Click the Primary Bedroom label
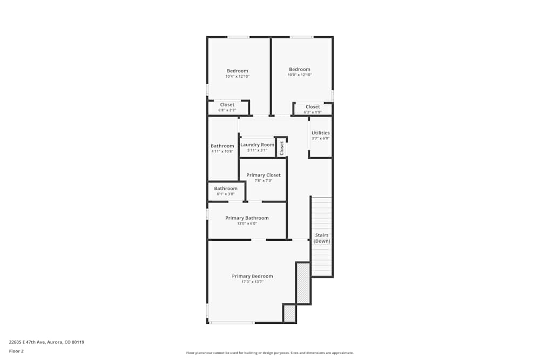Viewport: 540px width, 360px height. (252, 276)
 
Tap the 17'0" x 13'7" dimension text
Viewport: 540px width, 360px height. (252, 282)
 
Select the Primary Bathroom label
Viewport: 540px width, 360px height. (247, 218)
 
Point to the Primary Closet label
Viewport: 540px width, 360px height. (264, 175)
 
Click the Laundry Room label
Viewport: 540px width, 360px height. (257, 145)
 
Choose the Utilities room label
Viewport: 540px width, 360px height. (320, 133)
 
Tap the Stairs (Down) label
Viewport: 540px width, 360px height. (322, 238)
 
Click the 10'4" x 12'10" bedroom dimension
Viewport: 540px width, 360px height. (238, 77)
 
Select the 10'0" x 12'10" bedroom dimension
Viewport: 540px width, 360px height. (300, 74)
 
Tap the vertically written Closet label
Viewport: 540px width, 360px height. (281, 148)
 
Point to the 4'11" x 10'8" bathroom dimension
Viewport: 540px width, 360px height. (222, 152)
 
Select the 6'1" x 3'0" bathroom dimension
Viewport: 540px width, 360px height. (226, 194)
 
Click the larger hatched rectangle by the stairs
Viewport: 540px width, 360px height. (303, 283)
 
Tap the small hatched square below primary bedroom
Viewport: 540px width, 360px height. (290, 314)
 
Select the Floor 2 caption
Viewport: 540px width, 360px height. (16, 351)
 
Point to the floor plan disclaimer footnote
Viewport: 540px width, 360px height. (269, 353)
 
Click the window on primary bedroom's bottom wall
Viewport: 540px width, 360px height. (232, 323)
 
